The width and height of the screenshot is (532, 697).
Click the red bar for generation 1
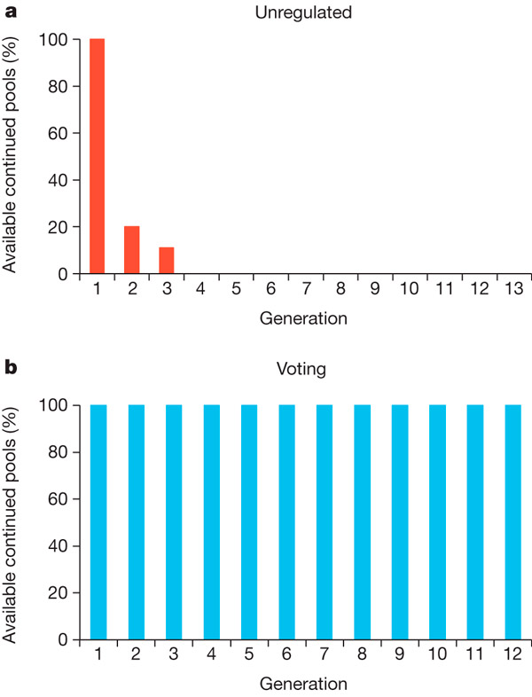[x=97, y=156]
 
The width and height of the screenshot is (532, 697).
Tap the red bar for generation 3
[x=166, y=261]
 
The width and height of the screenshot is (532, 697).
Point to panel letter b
[x=11, y=365]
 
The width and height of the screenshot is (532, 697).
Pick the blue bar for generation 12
[x=512, y=521]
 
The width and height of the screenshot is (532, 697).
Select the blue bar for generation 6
[x=287, y=521]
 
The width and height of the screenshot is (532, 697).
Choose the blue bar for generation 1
[x=98, y=521]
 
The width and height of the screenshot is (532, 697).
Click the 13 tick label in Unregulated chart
[x=512, y=290]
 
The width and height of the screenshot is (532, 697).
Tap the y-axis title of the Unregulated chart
[x=12, y=156]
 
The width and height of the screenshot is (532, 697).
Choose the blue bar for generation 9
[x=400, y=521]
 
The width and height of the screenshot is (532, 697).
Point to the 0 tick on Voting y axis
[x=62, y=639]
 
